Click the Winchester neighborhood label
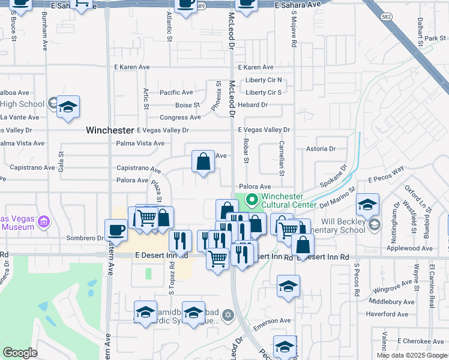(x=109, y=130)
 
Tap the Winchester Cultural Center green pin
(x=252, y=199)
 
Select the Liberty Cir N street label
(x=263, y=80)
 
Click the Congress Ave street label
(x=180, y=118)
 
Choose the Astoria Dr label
(x=321, y=149)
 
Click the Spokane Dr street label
(x=334, y=179)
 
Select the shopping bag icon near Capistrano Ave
(x=203, y=162)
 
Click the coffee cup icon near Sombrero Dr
(x=116, y=231)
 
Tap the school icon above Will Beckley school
(x=367, y=205)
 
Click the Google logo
(x=20, y=353)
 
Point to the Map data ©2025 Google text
(x=411, y=355)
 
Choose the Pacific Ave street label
(x=176, y=92)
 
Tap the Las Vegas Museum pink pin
(x=43, y=223)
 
